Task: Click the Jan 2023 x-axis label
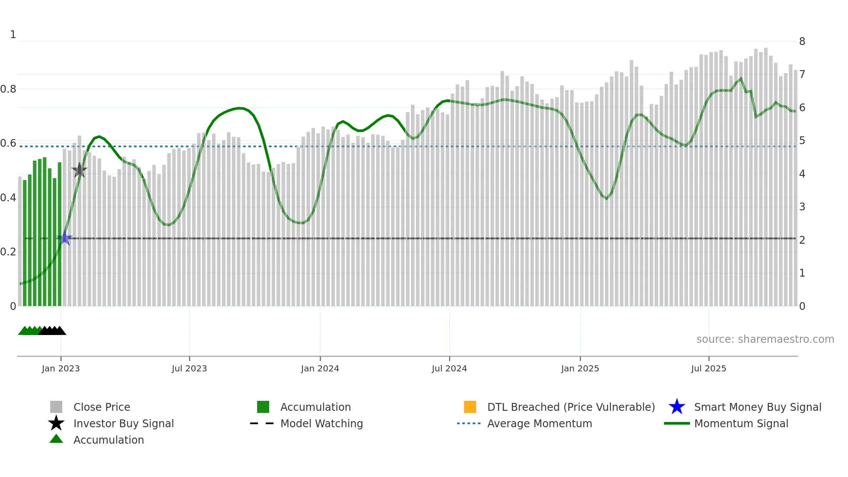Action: (x=61, y=368)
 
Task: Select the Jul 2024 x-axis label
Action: (x=449, y=368)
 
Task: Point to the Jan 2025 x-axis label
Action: (x=580, y=368)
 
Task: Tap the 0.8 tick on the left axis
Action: (x=8, y=89)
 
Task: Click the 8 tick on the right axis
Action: (x=802, y=42)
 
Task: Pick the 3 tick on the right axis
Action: (x=802, y=207)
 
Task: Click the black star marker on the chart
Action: (x=79, y=170)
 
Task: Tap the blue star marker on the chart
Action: (x=64, y=238)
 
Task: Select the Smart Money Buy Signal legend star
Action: (x=677, y=407)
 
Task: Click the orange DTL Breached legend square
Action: (x=470, y=407)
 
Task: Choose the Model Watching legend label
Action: (x=321, y=423)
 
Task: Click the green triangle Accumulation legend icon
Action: (x=56, y=439)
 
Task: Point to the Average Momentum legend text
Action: (x=540, y=423)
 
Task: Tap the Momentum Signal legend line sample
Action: (x=677, y=423)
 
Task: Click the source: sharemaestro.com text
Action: (x=765, y=339)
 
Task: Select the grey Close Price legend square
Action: (x=56, y=407)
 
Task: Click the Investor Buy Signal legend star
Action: (x=56, y=423)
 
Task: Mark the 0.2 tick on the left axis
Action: (x=8, y=252)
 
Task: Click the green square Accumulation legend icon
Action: (x=263, y=407)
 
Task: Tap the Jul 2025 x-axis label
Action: (x=708, y=368)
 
